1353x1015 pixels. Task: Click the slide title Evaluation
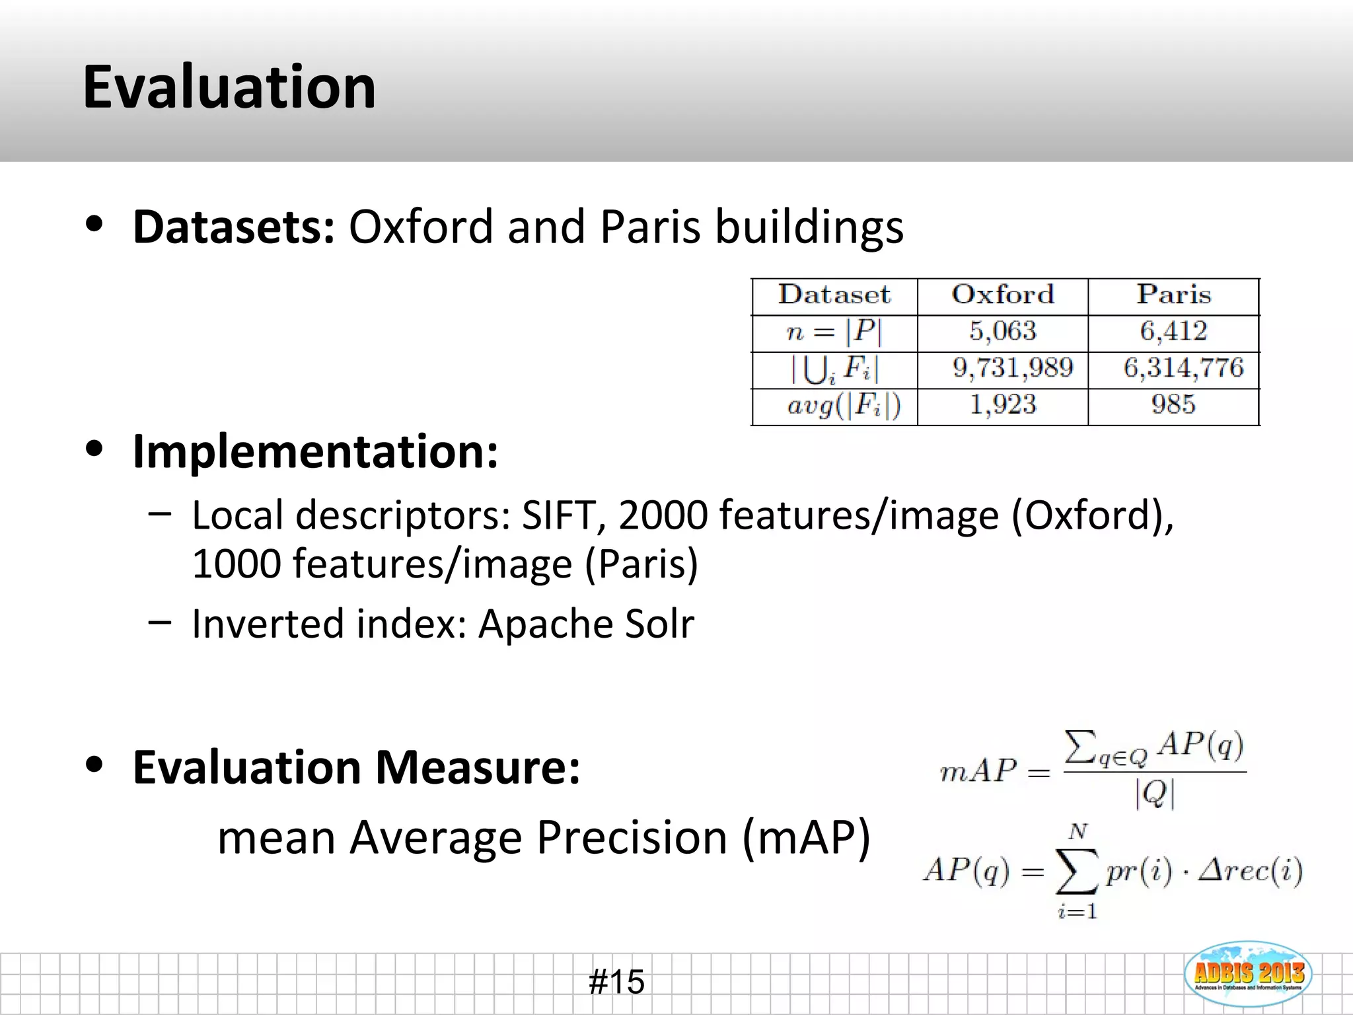229,87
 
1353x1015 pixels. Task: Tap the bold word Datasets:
234,227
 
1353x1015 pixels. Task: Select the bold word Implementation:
315,452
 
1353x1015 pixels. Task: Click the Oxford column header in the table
1002,295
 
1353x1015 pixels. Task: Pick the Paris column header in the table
1173,295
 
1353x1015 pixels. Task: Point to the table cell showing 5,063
1002,331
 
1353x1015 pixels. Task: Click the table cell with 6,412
1173,331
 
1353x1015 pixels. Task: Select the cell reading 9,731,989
1012,368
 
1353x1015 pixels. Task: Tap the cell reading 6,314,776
1183,368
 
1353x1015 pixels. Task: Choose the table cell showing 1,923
1002,404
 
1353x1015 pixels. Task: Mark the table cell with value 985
1173,404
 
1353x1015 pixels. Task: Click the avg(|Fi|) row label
844,405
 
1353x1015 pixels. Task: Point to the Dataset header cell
834,295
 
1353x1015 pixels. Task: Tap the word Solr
659,624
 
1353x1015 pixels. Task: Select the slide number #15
616,981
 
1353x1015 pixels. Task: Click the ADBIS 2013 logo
1248,973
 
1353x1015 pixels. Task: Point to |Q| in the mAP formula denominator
1155,794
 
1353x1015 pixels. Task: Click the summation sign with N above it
1077,872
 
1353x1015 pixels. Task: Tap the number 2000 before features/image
663,515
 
